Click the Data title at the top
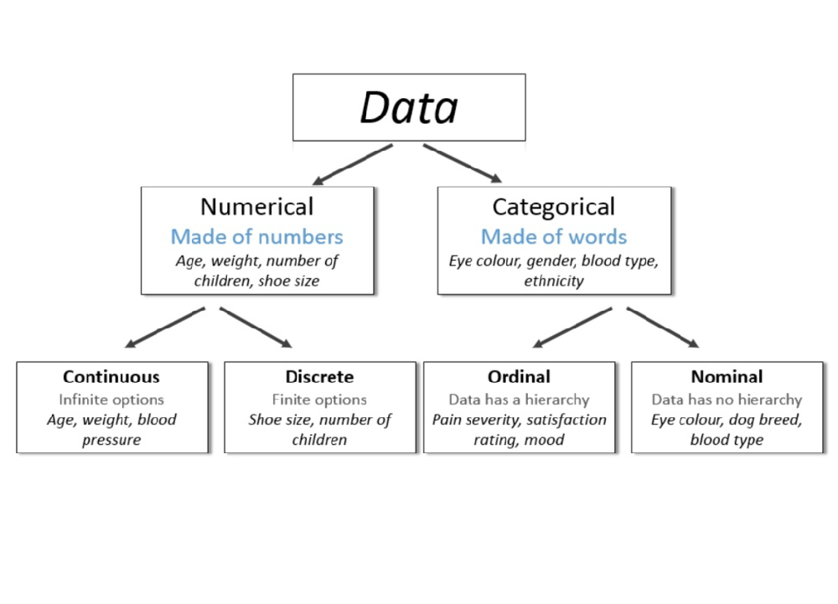[x=409, y=107]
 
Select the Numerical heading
[x=256, y=207]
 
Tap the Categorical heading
[x=553, y=207]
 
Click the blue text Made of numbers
[x=256, y=236]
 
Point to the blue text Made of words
[x=553, y=236]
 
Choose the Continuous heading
[x=111, y=377]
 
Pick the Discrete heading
[x=319, y=377]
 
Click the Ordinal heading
[x=519, y=377]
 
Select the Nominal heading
[x=727, y=377]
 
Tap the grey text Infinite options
[x=111, y=400]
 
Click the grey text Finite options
[x=319, y=400]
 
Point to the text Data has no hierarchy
[x=727, y=400]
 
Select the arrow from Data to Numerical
[x=352, y=163]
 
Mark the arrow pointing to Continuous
[x=164, y=327]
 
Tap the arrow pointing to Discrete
[x=256, y=327]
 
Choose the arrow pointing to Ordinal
[x=573, y=327]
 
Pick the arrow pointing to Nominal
[x=663, y=327]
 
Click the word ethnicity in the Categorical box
[x=553, y=281]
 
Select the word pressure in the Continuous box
[x=111, y=441]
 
